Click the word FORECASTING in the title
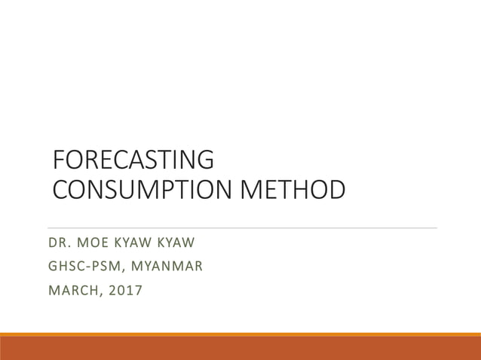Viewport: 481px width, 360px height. pos(133,160)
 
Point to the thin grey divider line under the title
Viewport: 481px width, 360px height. pos(241,227)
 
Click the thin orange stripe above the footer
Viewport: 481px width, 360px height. pos(240,334)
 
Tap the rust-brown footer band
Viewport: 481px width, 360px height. pos(240,349)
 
